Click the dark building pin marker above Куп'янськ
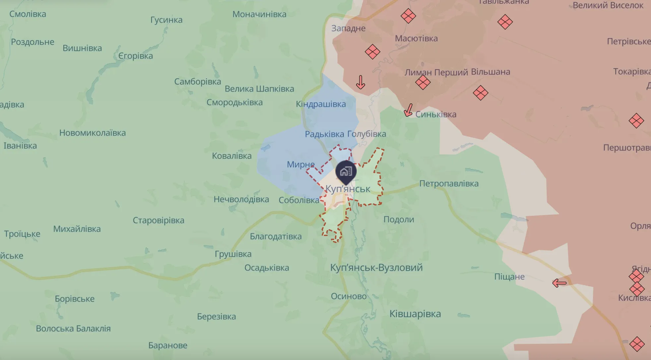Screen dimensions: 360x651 point(346,172)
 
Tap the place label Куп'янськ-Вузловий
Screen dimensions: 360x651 point(376,268)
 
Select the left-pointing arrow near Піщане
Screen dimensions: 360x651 point(560,283)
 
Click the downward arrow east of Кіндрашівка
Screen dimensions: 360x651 point(360,82)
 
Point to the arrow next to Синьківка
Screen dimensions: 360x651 point(408,110)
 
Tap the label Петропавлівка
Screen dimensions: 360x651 point(448,184)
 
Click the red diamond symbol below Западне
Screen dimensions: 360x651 point(372,52)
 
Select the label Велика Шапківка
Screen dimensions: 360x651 point(259,89)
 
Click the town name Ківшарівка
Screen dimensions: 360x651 point(415,314)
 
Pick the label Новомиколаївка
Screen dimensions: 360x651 point(92,133)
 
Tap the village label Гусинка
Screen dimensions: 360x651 point(166,20)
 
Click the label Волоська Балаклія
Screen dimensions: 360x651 point(73,329)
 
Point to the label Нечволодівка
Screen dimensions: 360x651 point(241,200)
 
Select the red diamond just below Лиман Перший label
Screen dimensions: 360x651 point(423,82)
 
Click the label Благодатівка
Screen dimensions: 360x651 point(275,237)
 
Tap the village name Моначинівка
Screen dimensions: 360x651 point(259,14)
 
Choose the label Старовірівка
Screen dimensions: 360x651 point(158,220)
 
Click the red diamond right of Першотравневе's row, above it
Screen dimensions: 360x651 point(636,121)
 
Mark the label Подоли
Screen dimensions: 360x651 point(398,219)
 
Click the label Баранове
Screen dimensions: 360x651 point(168,345)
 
